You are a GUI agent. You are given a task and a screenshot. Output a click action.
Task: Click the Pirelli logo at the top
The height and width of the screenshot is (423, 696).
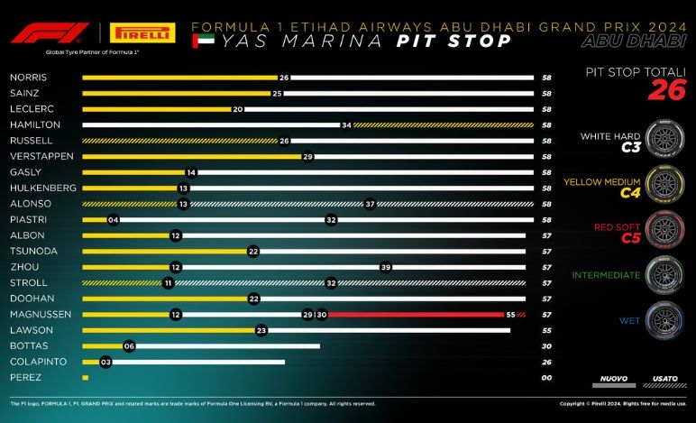point(142,33)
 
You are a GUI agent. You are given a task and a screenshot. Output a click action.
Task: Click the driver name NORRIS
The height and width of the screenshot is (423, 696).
point(28,78)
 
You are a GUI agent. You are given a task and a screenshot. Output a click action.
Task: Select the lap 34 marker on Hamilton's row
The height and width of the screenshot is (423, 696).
point(345,124)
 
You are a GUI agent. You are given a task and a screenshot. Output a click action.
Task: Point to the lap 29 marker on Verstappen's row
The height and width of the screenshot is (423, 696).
point(307,156)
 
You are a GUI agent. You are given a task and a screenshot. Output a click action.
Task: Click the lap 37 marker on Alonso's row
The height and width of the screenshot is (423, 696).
point(369,204)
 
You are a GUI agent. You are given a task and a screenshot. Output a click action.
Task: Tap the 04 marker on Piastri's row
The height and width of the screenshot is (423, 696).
point(113,219)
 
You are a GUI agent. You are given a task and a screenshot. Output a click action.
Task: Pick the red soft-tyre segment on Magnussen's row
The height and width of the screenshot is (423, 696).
point(415,314)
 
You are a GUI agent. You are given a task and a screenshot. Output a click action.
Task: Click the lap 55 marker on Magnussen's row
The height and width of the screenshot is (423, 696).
point(509,314)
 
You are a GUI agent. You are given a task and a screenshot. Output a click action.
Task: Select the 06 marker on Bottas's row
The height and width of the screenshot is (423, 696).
point(129,345)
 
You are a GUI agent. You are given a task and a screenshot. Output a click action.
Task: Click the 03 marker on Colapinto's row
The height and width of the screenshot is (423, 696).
point(105,361)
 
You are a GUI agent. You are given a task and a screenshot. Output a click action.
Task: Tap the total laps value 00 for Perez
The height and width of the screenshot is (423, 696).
point(546,377)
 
